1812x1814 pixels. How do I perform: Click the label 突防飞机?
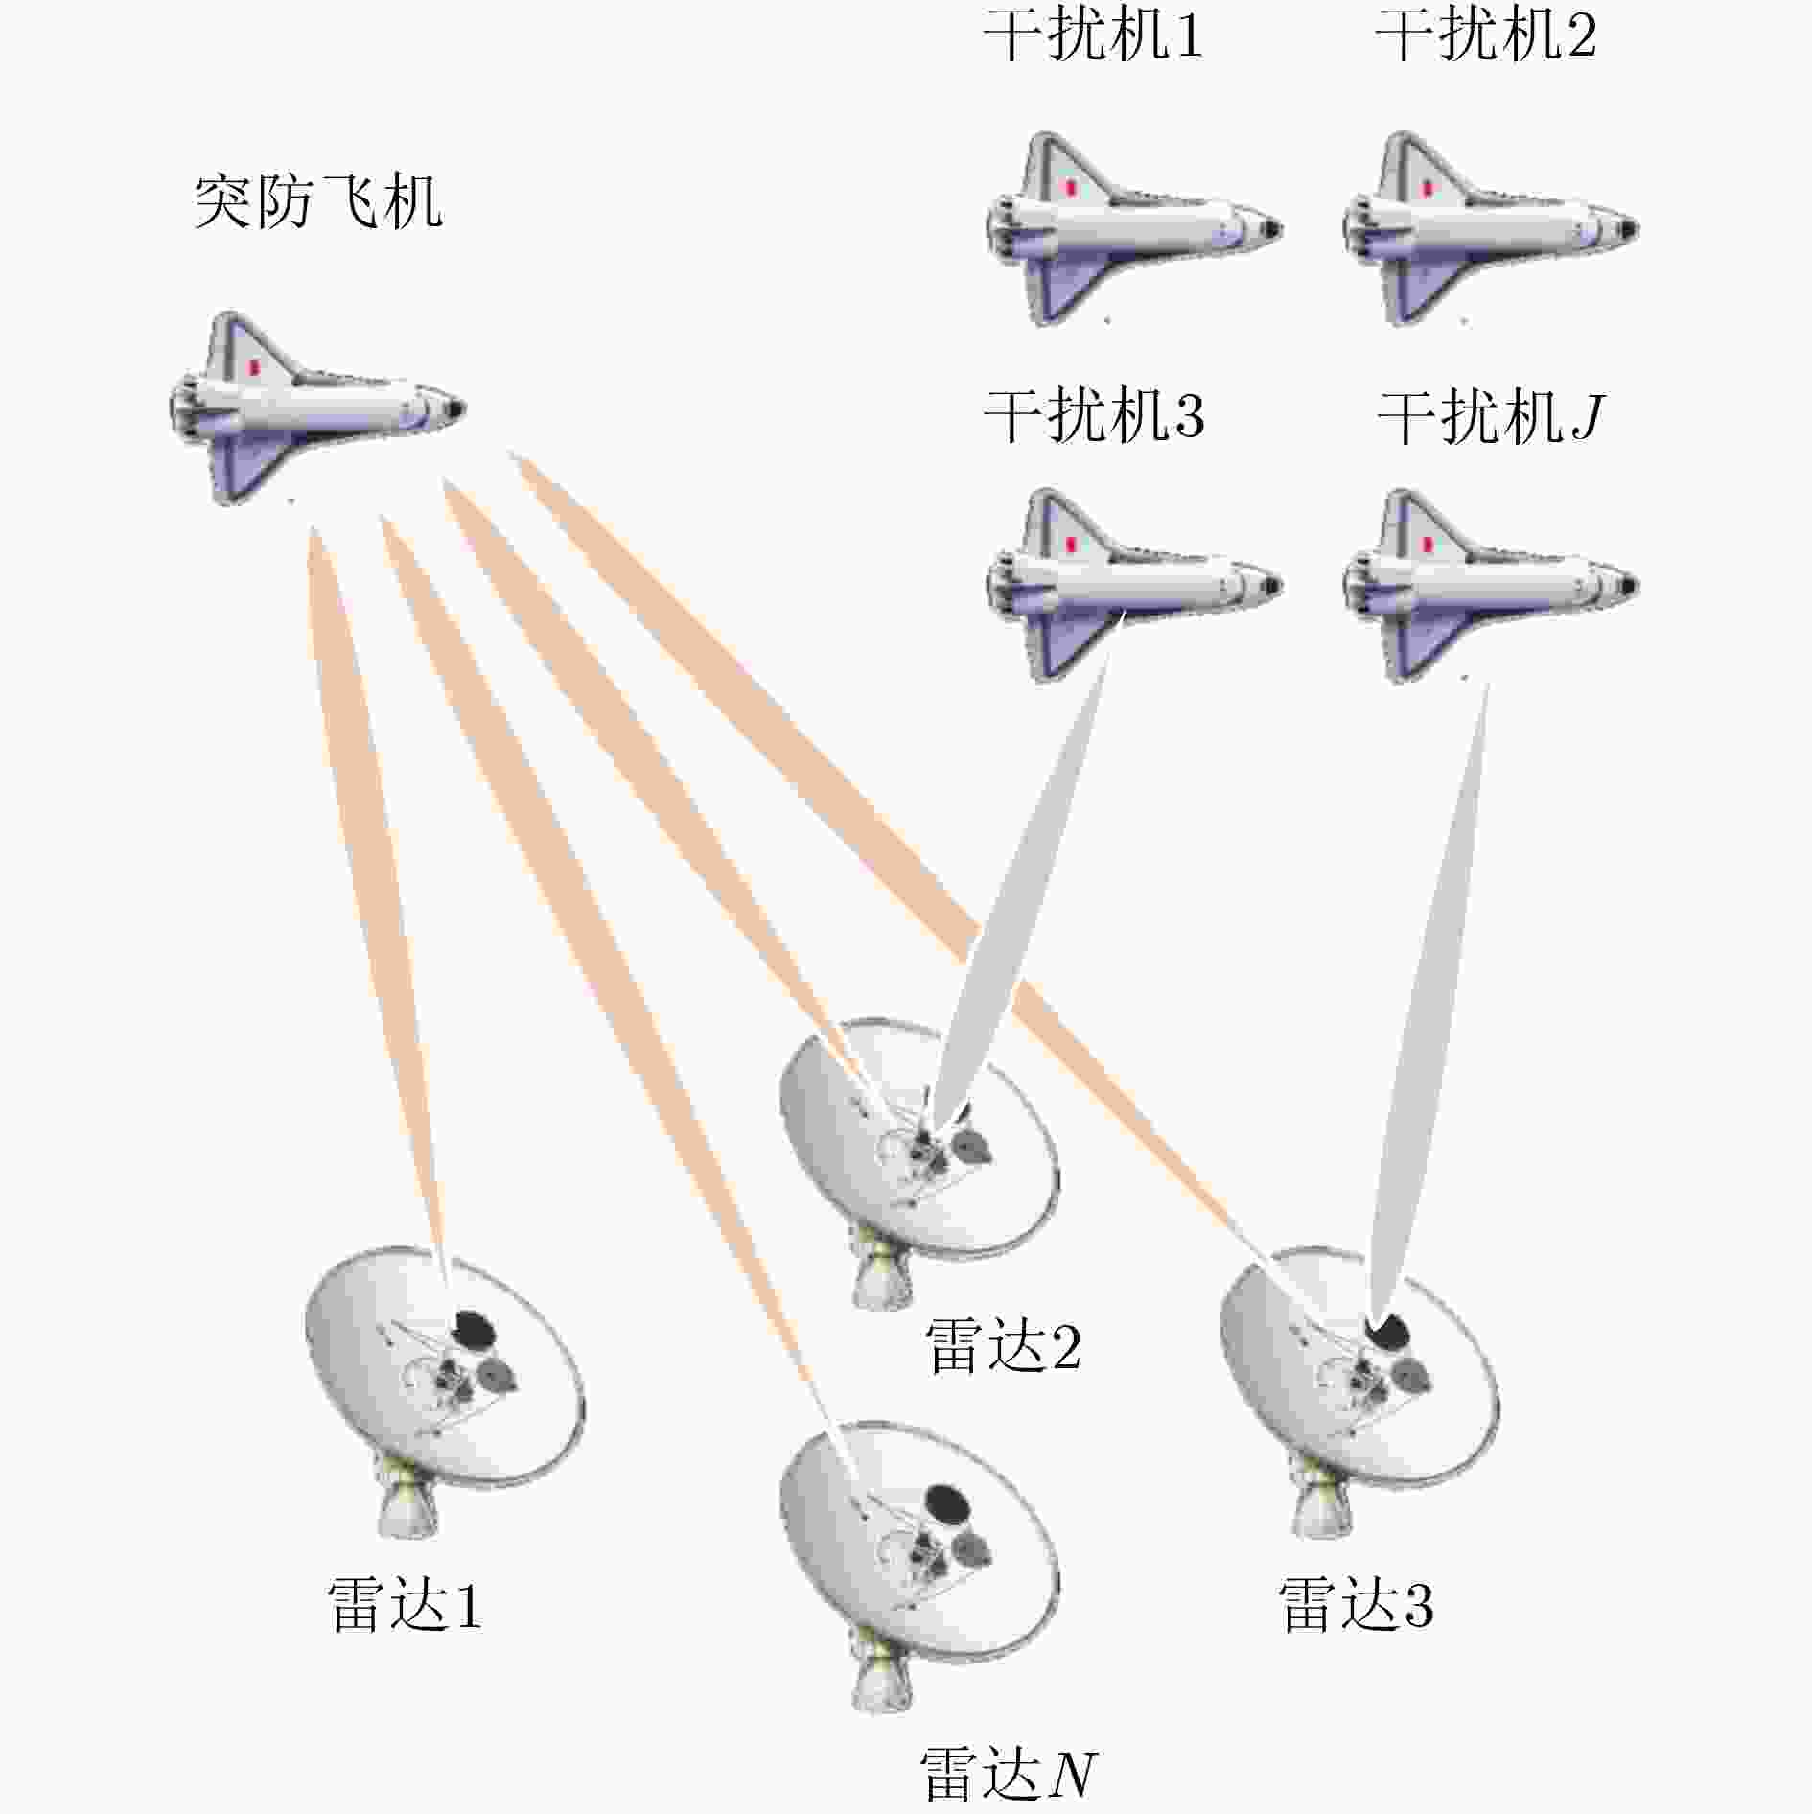(318, 202)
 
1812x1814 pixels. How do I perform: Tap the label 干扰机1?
(1093, 36)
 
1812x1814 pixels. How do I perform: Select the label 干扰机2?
(1486, 36)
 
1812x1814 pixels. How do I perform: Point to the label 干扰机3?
(1094, 417)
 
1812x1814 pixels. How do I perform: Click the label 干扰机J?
(1491, 417)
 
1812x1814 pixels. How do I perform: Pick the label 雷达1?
(405, 1604)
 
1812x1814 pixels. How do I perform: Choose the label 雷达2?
(1003, 1345)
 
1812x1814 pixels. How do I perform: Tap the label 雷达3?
(1356, 1604)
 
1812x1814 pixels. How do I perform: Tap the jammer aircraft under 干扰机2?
(1491, 228)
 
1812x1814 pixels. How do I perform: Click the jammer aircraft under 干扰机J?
(1491, 585)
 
